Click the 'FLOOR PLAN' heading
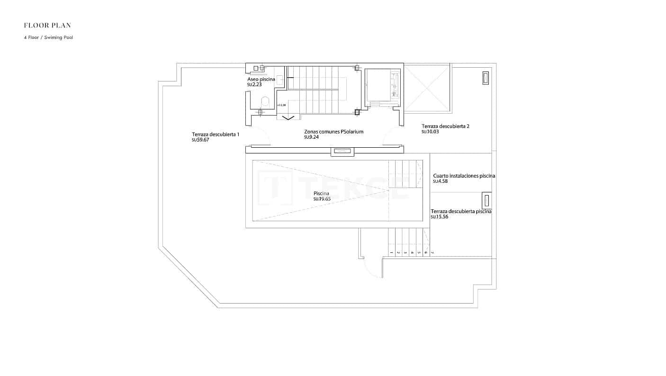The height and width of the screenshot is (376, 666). click(47, 25)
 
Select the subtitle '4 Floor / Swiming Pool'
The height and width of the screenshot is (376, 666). click(48, 37)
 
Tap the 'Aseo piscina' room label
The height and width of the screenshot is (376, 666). click(261, 80)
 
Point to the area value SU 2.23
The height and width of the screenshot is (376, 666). click(254, 85)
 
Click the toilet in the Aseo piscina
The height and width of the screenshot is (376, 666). click(265, 101)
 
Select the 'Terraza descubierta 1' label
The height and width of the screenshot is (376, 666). click(216, 134)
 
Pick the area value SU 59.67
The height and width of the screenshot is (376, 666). click(200, 140)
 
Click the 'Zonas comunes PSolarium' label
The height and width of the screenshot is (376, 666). click(333, 132)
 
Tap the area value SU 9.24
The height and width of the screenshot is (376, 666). click(311, 137)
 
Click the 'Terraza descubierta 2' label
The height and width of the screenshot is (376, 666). click(445, 126)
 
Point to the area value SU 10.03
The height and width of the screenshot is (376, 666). click(431, 132)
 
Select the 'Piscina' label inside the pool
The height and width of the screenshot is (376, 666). click(321, 194)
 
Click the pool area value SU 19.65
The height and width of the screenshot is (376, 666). click(322, 199)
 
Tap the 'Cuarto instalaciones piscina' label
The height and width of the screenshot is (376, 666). click(464, 176)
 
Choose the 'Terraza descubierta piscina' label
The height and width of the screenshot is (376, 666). click(460, 211)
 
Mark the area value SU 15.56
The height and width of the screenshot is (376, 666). click(439, 217)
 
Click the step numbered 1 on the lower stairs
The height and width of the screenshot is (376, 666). click(392, 253)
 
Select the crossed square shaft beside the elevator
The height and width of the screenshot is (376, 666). click(427, 88)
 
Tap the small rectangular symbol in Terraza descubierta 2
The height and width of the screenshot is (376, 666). click(485, 78)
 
